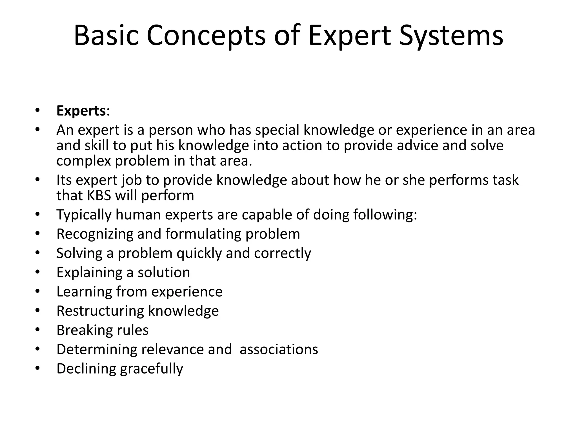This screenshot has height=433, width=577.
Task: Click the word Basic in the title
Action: click(x=106, y=36)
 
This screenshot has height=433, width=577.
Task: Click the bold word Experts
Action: click(x=81, y=111)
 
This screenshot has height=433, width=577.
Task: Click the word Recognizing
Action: click(x=95, y=234)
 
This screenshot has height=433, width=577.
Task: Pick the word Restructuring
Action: click(x=100, y=311)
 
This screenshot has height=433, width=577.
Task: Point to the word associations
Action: click(x=279, y=349)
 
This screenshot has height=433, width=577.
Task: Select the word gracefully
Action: click(x=152, y=369)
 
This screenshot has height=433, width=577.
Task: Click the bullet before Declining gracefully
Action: click(x=38, y=368)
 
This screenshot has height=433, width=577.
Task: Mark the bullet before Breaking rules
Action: click(x=38, y=329)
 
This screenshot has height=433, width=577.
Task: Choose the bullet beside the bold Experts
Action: click(x=38, y=110)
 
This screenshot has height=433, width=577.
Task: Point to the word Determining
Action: click(x=96, y=349)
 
